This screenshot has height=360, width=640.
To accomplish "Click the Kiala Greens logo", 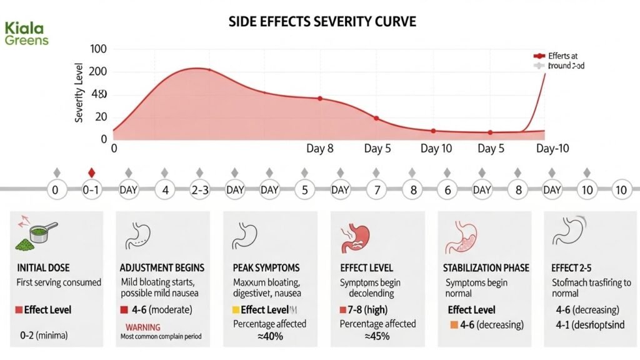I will (26, 34).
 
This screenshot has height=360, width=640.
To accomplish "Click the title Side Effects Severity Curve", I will (323, 22).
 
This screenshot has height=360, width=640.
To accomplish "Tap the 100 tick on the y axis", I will (98, 49).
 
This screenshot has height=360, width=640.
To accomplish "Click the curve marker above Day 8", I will (320, 99).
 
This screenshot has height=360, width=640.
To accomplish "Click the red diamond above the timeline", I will (92, 172).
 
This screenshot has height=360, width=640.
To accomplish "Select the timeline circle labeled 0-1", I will (92, 190).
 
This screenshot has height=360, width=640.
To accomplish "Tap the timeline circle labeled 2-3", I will (199, 190).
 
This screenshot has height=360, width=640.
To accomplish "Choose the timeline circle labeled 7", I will (376, 190).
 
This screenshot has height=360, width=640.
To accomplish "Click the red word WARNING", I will (143, 327).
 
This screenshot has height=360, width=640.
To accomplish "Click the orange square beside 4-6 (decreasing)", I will (453, 324).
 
